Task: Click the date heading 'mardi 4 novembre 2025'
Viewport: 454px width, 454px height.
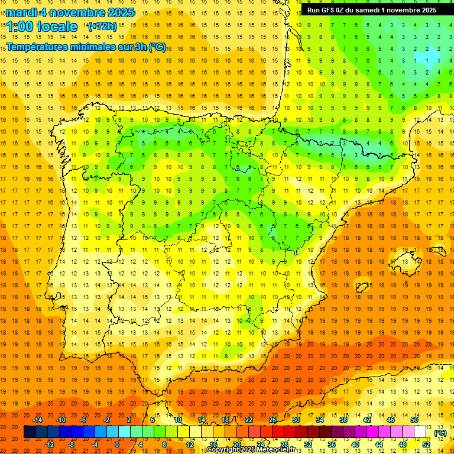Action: click(70, 12)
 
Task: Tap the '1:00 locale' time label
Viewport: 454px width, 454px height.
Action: click(42, 27)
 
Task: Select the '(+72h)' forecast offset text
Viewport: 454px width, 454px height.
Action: click(102, 27)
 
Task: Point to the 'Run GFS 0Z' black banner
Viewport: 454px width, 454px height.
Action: click(371, 10)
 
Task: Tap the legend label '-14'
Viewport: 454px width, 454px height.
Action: click(38, 420)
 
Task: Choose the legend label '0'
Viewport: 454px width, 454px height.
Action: click(117, 444)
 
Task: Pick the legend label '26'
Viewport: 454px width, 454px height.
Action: click(273, 420)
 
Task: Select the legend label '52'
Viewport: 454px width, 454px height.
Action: click(426, 444)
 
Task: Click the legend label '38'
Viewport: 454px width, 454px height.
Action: click(343, 420)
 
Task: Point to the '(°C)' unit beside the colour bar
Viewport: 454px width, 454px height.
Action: click(440, 433)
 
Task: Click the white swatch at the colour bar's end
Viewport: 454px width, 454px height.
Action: click(420, 432)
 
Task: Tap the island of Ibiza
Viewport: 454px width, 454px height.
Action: click(362, 288)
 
